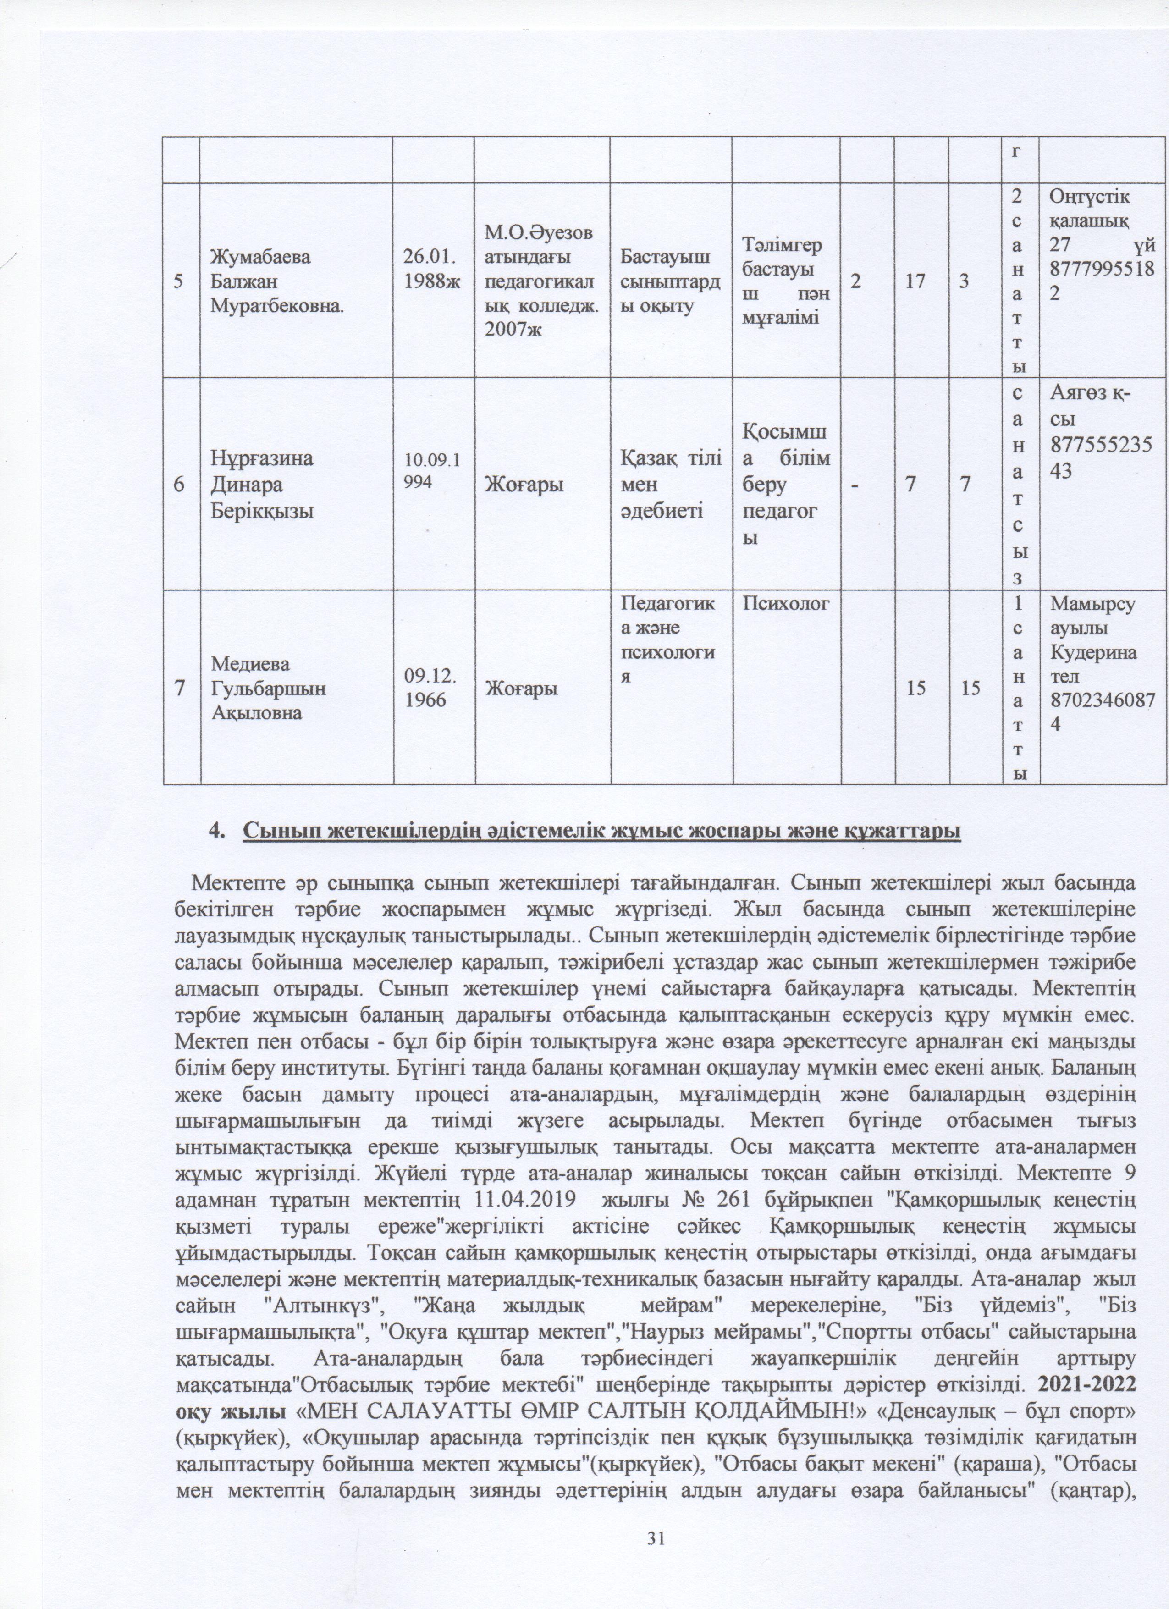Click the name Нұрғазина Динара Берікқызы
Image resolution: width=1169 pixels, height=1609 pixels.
pyautogui.click(x=263, y=485)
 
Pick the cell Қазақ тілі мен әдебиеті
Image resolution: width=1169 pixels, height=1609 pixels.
pyautogui.click(x=670, y=485)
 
